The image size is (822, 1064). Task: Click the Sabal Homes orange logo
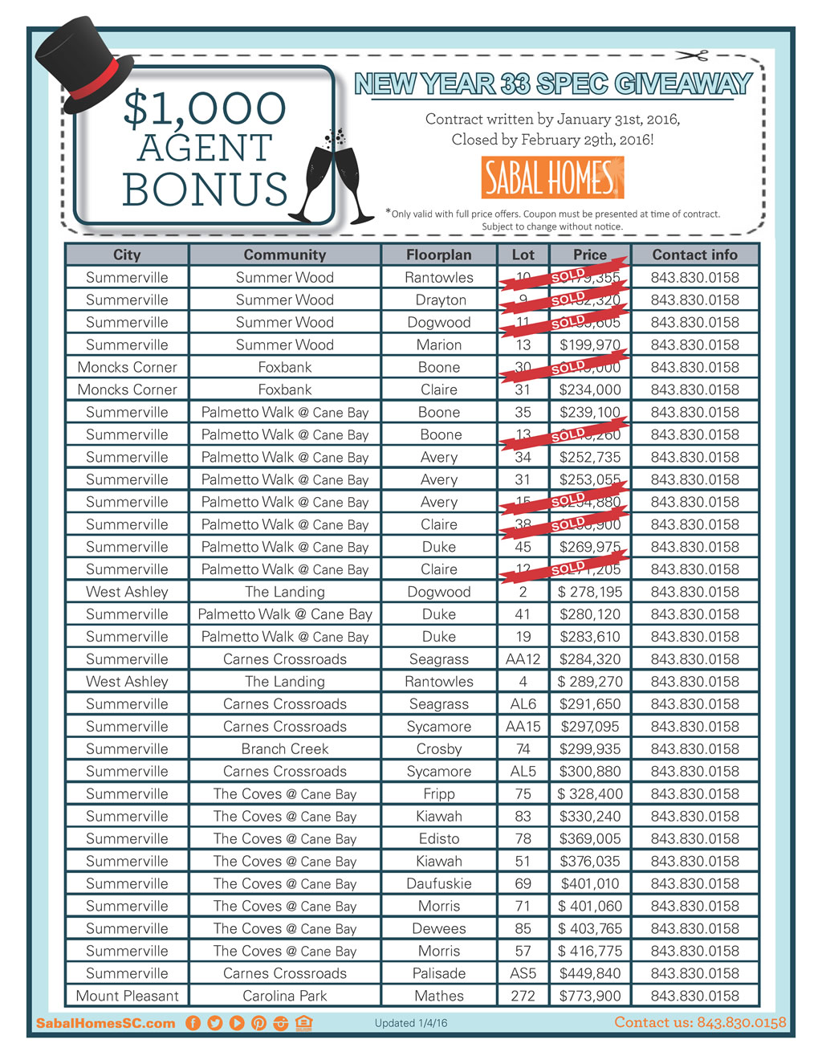[x=552, y=177]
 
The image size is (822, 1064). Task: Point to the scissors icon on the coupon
[x=691, y=55]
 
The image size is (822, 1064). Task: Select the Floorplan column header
[x=438, y=255]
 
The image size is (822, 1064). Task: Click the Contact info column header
[x=694, y=255]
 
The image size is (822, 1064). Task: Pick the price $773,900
[x=590, y=996]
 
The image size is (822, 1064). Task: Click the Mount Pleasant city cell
[x=127, y=996]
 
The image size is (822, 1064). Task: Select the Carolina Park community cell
[x=285, y=996]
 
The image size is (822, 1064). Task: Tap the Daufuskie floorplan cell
[x=438, y=883]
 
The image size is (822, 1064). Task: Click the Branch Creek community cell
[x=285, y=748]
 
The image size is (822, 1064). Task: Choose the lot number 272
[x=523, y=996]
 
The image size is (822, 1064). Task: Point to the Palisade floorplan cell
[x=438, y=973]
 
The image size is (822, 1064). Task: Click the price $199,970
[x=590, y=344]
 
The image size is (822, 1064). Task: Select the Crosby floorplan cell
[x=438, y=748]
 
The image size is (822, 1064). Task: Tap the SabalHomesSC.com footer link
[x=105, y=1023]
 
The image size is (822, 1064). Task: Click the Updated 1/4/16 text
[x=411, y=1023]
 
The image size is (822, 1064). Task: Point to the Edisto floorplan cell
[x=438, y=838]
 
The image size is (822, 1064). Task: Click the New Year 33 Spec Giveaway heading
[x=553, y=84]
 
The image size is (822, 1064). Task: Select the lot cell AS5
[x=523, y=973]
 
